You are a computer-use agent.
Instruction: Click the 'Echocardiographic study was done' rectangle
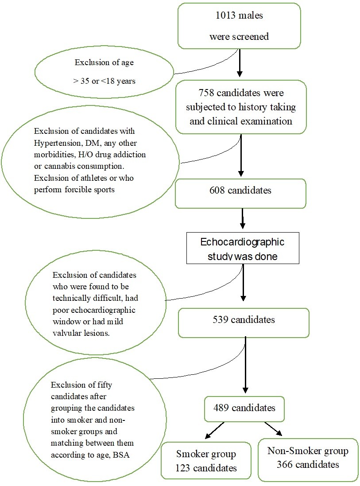(x=242, y=249)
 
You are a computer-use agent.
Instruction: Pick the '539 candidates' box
(x=243, y=320)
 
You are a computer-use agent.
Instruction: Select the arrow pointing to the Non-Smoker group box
(x=273, y=429)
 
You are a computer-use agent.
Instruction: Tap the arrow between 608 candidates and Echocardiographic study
(x=242, y=219)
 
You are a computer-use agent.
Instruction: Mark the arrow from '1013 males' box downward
(x=240, y=62)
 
